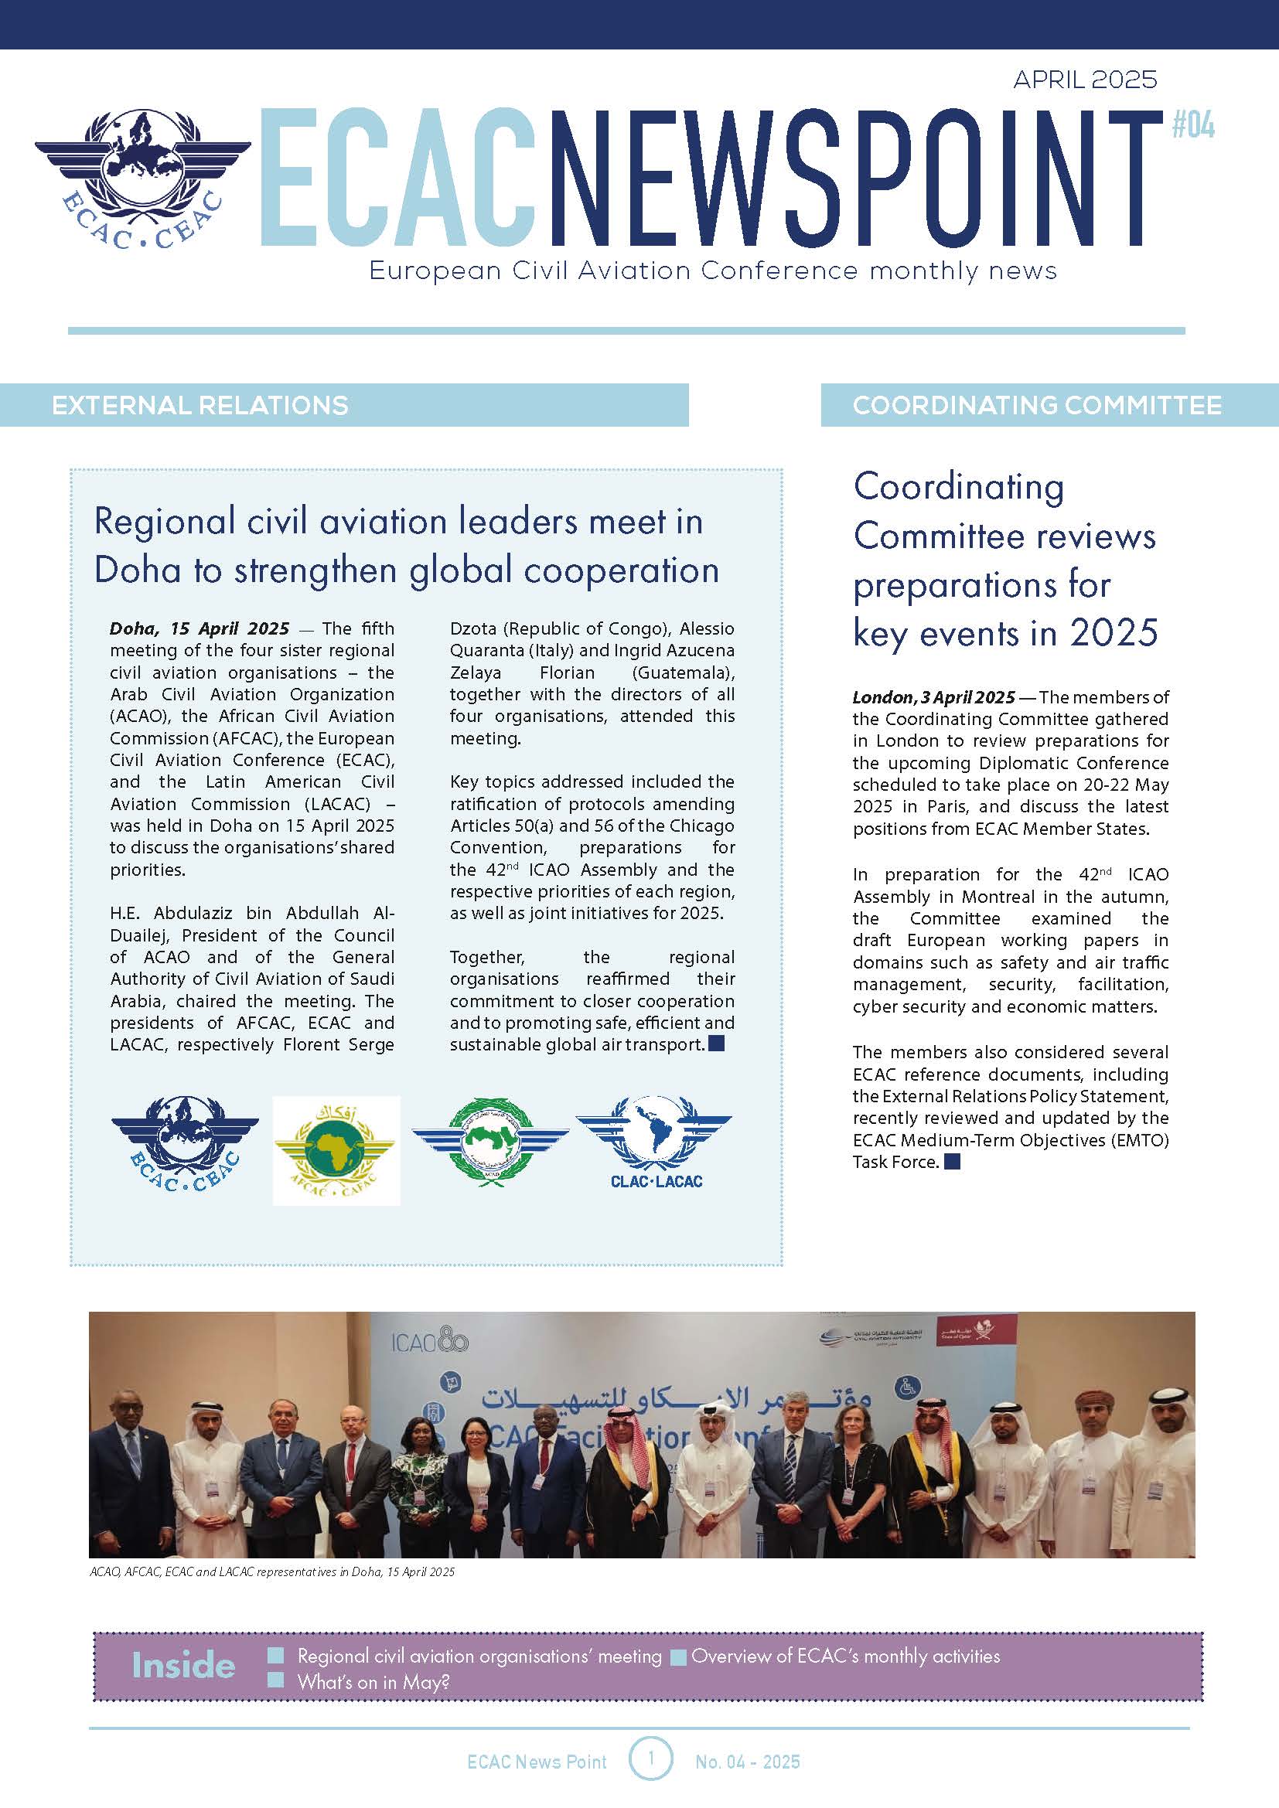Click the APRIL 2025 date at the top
[x=1084, y=80]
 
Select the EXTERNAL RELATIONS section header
[x=200, y=406]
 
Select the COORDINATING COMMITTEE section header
[x=1036, y=406]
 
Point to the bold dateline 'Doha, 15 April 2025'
[x=200, y=628]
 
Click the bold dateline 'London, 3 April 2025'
[x=933, y=697]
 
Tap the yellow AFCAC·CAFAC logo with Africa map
[x=336, y=1150]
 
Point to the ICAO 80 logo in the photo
[x=429, y=1341]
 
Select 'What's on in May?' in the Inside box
[x=373, y=1682]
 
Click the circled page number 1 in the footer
[x=650, y=1758]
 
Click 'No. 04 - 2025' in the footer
[x=747, y=1762]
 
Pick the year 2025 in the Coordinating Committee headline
[x=1113, y=632]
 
